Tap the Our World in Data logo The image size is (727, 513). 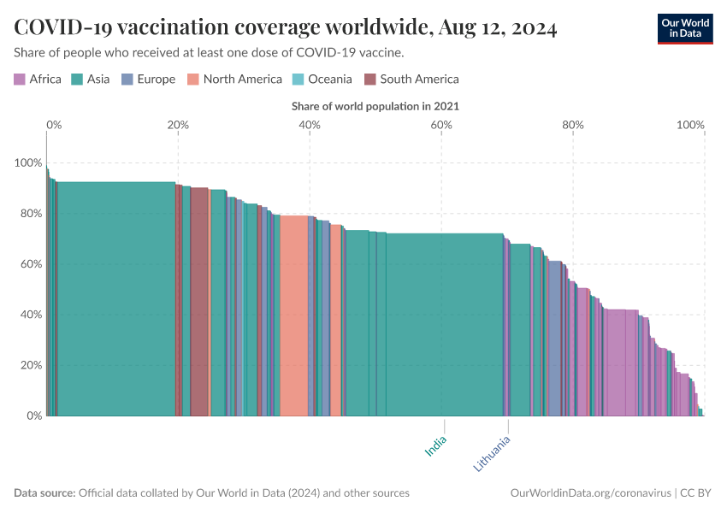(684, 28)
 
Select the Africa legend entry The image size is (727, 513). (38, 80)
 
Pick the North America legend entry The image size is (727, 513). (235, 80)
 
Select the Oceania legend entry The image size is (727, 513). (322, 80)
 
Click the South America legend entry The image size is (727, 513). (411, 80)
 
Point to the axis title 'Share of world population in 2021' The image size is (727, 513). (375, 106)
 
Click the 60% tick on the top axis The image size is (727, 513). (441, 125)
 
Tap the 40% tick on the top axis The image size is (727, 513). (310, 125)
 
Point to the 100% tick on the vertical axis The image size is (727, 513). (27, 162)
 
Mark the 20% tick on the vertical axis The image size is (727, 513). (30, 365)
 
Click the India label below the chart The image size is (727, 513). (436, 446)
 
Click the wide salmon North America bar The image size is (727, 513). (293, 316)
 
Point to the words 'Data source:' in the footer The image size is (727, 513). (44, 493)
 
